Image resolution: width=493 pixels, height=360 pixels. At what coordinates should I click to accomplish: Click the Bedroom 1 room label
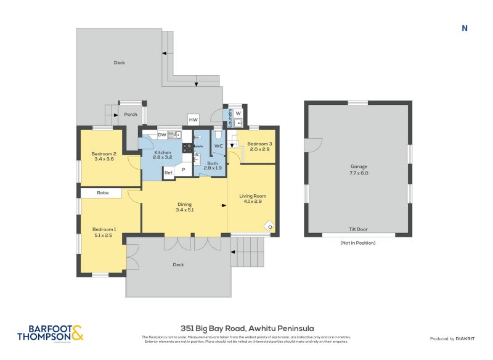click(104, 231)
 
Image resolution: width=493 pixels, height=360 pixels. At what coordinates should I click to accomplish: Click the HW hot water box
click(194, 120)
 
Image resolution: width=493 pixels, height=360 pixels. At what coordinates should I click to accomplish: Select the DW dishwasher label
click(161, 134)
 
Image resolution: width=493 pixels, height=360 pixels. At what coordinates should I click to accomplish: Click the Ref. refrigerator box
click(168, 173)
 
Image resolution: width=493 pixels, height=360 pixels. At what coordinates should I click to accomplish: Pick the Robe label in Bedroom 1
click(104, 193)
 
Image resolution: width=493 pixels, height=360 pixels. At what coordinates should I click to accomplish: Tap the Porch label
click(131, 114)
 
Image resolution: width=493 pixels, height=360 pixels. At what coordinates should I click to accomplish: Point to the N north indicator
click(465, 28)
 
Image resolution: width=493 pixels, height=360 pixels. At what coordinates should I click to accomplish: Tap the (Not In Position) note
click(358, 243)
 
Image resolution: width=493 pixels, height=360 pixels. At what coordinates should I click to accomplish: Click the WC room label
click(218, 146)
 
